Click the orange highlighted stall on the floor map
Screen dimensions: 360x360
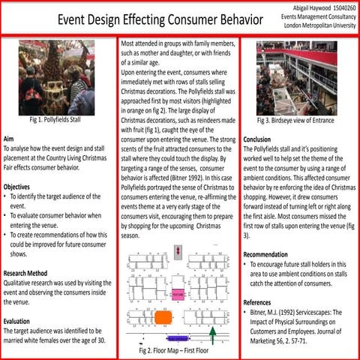coord(162,317)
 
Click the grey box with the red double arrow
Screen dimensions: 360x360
coord(178,250)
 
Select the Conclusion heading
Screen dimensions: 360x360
coord(257,139)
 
